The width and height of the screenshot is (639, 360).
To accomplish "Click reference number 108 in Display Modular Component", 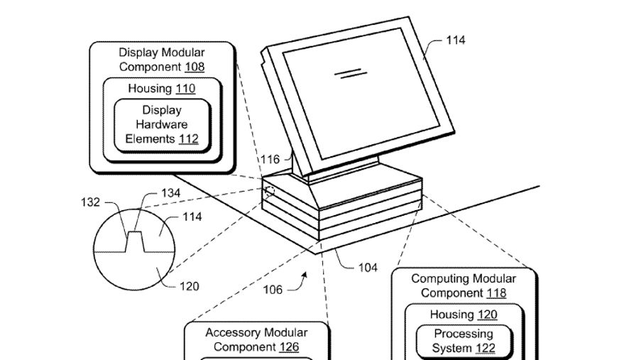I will (193, 67).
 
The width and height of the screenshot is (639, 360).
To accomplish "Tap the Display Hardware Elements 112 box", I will (162, 124).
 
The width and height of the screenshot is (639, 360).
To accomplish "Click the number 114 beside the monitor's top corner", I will (455, 40).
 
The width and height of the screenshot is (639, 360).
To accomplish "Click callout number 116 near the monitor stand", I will (270, 159).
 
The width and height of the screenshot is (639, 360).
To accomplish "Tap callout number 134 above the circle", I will (171, 192).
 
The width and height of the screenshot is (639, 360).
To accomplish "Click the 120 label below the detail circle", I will (189, 287).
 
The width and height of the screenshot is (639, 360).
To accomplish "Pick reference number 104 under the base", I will (367, 268).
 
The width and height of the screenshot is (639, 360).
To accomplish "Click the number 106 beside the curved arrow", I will (273, 289).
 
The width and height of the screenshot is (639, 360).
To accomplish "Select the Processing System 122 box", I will (464, 341).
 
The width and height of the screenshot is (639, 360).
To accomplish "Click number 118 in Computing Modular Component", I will (496, 293).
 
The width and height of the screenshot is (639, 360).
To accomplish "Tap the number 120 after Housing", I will (486, 315).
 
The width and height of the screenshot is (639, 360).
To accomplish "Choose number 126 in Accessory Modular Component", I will (288, 347).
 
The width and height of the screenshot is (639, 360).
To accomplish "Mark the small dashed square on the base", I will (269, 192).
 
